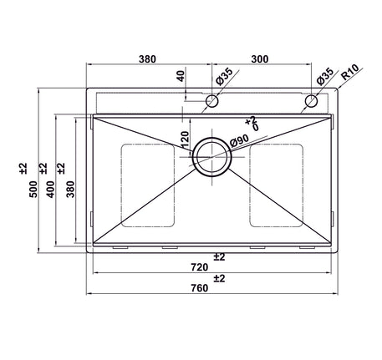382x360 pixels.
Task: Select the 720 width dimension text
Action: click(198, 267)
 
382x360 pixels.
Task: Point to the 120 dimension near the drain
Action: click(185, 140)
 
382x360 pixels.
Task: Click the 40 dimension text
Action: click(180, 77)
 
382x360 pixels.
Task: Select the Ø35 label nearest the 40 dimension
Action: click(223, 76)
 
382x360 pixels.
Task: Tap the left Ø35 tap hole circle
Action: click(211, 102)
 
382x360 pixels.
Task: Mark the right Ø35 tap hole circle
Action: click(311, 102)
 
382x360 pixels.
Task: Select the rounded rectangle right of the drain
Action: click(275, 185)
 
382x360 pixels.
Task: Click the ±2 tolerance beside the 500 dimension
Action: click(23, 168)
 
